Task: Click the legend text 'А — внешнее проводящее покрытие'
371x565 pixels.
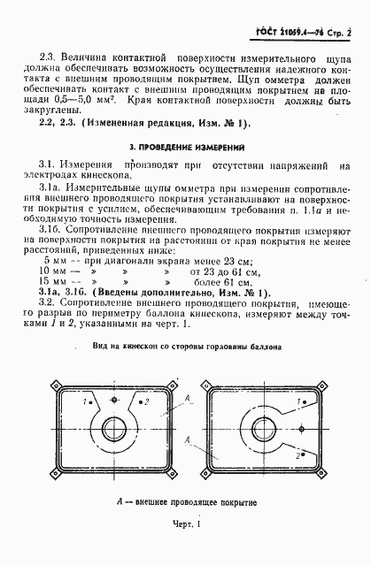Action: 185,504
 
